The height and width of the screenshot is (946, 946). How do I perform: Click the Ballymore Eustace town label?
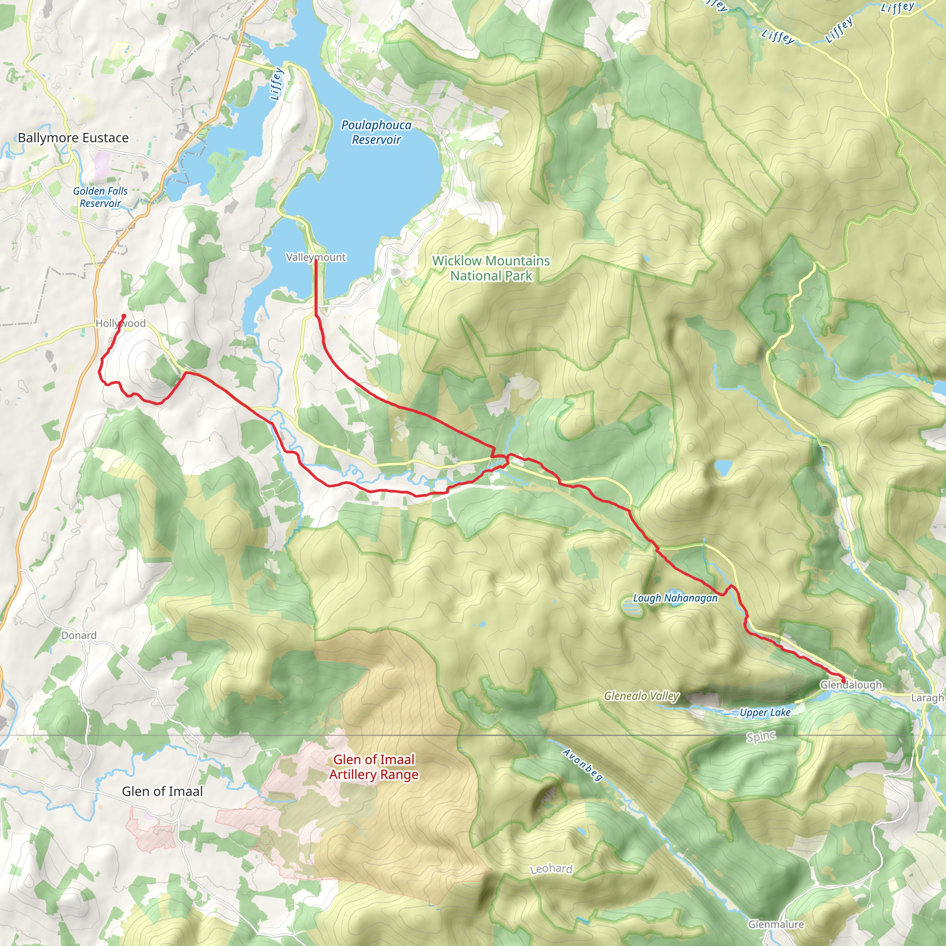(73, 138)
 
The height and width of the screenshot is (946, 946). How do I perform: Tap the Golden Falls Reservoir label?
(100, 197)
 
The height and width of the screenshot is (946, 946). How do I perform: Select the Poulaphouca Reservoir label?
(376, 132)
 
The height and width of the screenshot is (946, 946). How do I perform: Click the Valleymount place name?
(316, 257)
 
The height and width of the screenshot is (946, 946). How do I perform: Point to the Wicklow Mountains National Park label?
(491, 268)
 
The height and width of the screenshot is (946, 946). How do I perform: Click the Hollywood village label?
(121, 323)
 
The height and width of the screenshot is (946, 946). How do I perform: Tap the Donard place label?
(79, 635)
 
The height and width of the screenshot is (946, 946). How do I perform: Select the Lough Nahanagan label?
(675, 598)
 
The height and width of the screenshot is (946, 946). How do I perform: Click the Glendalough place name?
(851, 685)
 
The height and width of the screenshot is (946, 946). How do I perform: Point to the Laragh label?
(928, 698)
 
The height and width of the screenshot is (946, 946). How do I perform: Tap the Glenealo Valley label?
(642, 696)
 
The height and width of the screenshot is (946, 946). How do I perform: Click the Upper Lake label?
(765, 712)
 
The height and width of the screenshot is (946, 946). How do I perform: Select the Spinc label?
(761, 736)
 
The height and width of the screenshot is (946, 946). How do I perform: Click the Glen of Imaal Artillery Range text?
(374, 767)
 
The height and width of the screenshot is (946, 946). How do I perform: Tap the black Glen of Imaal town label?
(162, 791)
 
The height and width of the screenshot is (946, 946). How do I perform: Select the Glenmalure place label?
(776, 924)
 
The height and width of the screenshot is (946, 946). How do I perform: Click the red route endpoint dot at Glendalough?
(843, 680)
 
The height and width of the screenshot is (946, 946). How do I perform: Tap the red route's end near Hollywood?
(124, 316)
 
